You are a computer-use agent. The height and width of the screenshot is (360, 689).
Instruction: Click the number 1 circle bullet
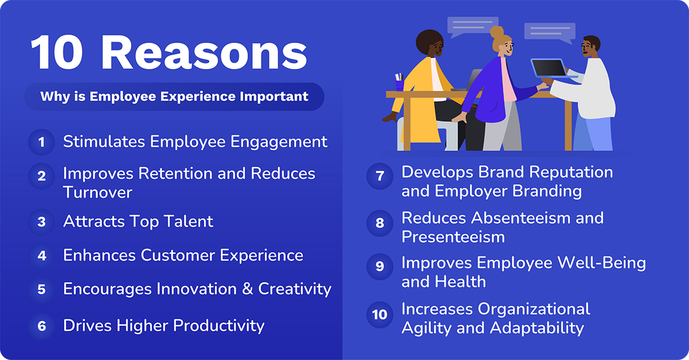tap(41, 142)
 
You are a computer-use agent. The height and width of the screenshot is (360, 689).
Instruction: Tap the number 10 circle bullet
tap(380, 315)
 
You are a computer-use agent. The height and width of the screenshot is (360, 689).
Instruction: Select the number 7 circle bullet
tap(380, 177)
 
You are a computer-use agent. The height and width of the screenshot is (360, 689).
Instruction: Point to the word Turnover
tap(98, 192)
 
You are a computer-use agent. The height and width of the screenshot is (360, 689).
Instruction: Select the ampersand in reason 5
tap(247, 289)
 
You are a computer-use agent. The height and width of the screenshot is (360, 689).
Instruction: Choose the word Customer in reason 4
tap(176, 255)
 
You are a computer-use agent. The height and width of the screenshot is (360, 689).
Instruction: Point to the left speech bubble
tap(473, 26)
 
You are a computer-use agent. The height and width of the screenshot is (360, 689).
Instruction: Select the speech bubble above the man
tap(549, 32)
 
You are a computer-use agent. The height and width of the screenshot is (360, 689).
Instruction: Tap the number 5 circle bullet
tap(41, 289)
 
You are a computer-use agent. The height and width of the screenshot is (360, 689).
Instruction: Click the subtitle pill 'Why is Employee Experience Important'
tap(174, 96)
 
